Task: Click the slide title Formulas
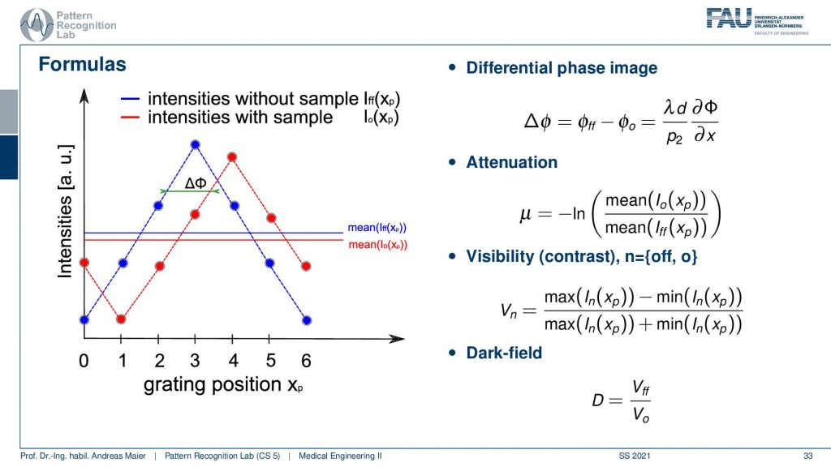coord(82,64)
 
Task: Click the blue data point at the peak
coord(195,144)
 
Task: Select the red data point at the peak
coord(231,156)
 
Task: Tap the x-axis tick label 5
coord(271,361)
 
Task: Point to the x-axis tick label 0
coord(84,361)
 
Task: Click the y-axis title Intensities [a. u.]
coord(65,211)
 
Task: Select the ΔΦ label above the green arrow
coord(195,183)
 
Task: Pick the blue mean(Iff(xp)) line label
coord(377,228)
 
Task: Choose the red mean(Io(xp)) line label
coord(378,245)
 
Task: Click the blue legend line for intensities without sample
coord(130,98)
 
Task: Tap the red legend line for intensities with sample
coord(130,117)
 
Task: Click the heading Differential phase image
coord(562,68)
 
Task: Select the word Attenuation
coord(512,162)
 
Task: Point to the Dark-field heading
coord(504,353)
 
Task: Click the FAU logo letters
coord(729,18)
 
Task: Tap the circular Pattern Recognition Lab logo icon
coord(37,25)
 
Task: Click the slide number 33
coord(807,456)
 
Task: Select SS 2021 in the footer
coord(635,456)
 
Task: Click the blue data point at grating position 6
coord(306,320)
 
